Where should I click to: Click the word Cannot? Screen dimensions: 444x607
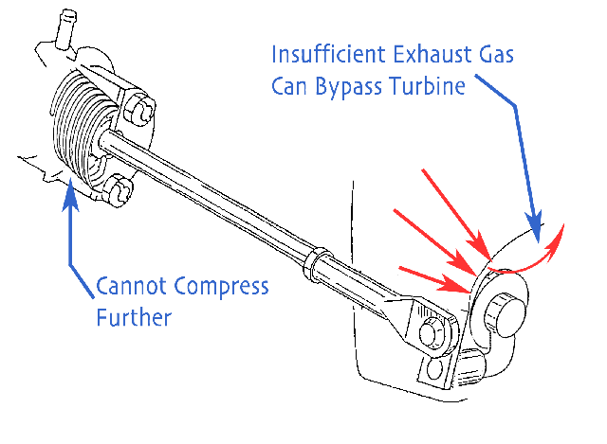(130, 286)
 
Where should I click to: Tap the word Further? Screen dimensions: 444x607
(135, 316)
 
